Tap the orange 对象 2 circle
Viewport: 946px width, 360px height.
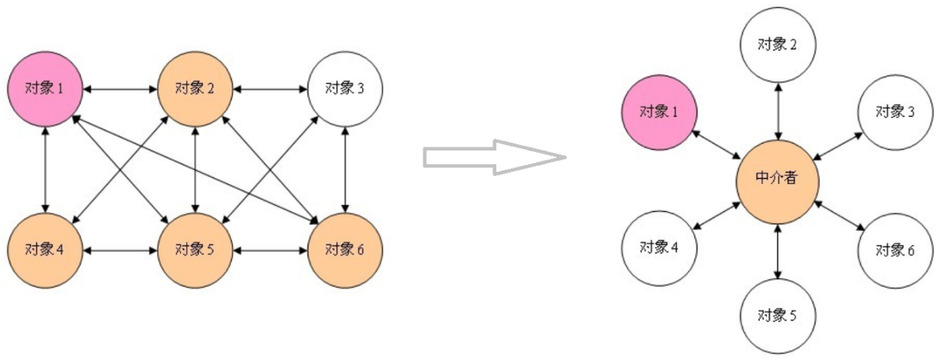tap(195, 88)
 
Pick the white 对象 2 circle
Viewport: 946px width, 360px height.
tap(777, 45)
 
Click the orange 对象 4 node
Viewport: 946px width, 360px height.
tap(44, 249)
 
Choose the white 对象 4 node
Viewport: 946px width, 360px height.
tap(658, 248)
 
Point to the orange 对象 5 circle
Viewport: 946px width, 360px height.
tap(195, 249)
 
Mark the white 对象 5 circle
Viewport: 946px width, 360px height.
tap(777, 315)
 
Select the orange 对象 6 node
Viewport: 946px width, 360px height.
tap(344, 249)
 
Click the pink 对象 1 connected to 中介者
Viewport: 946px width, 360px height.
tap(658, 113)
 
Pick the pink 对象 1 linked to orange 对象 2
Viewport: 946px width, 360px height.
tap(44, 88)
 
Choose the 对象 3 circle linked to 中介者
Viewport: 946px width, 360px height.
tap(895, 113)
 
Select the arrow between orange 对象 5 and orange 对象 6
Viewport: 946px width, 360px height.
tap(270, 250)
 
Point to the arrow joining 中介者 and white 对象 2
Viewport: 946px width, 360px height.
tap(777, 111)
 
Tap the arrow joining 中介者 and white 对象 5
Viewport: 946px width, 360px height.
tap(777, 250)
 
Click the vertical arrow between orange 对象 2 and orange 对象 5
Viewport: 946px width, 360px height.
tap(196, 169)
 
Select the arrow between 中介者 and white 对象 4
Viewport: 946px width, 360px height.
tap(715, 215)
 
